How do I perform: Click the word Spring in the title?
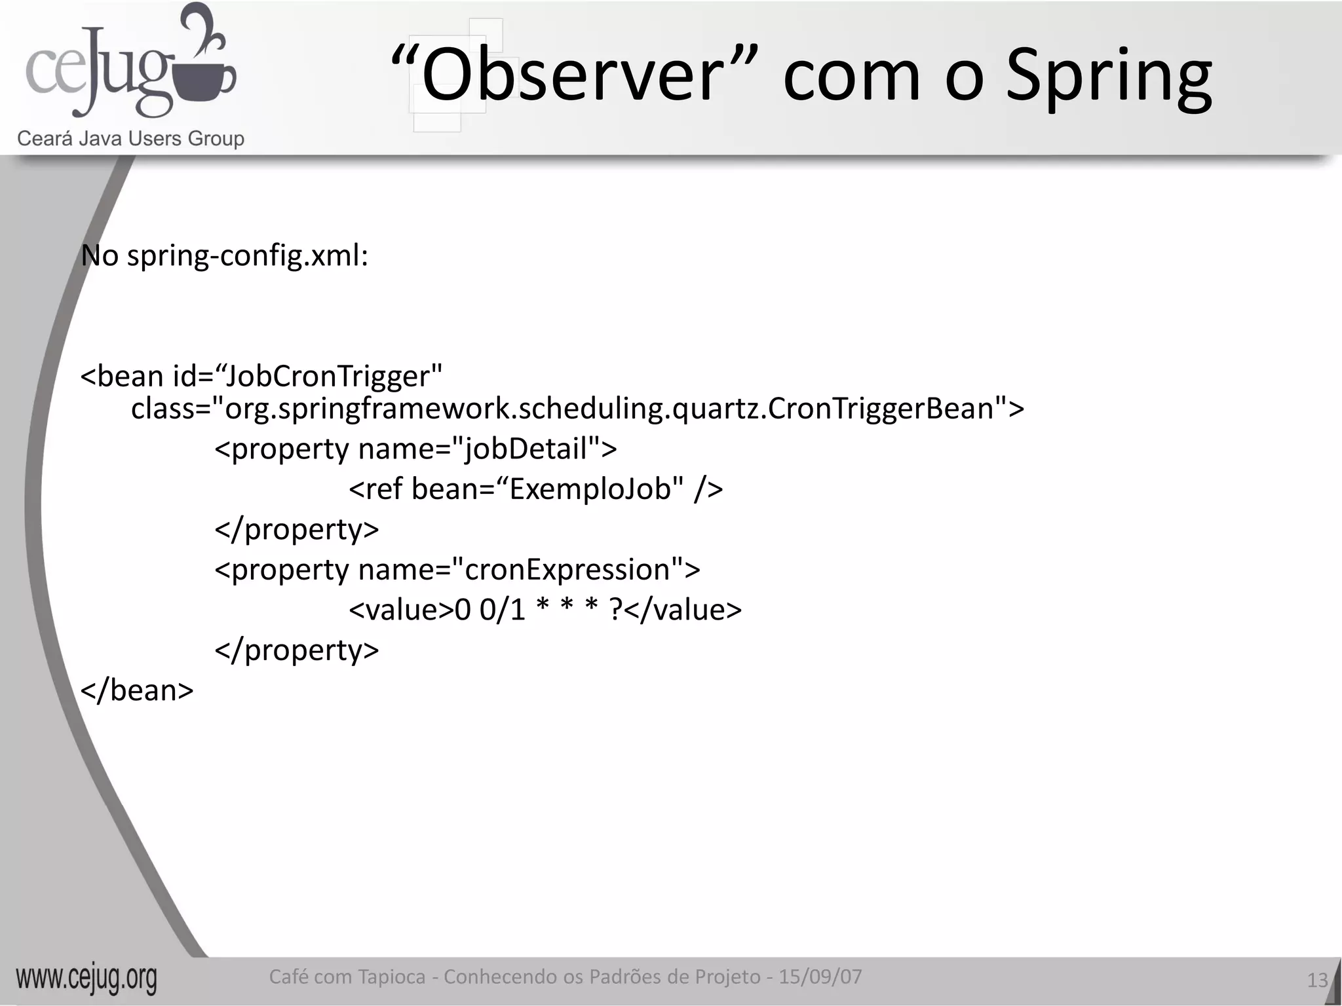1108,79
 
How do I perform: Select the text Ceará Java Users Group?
130,139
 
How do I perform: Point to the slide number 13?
1316,980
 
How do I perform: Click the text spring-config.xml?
248,255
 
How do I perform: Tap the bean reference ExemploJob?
590,489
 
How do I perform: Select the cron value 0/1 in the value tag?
503,610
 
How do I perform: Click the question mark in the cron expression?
615,610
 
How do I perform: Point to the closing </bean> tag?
137,691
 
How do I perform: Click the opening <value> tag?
401,610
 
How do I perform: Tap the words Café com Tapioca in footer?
347,977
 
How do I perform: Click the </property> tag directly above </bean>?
297,650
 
